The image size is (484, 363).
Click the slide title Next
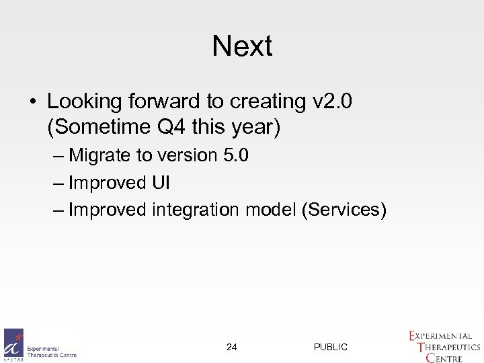(x=242, y=46)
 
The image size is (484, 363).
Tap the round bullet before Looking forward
(x=32, y=102)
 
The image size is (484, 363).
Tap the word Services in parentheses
(x=344, y=210)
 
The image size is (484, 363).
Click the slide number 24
(x=232, y=347)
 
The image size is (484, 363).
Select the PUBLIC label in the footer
(x=331, y=347)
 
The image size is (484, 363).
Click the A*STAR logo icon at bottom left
(x=13, y=345)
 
